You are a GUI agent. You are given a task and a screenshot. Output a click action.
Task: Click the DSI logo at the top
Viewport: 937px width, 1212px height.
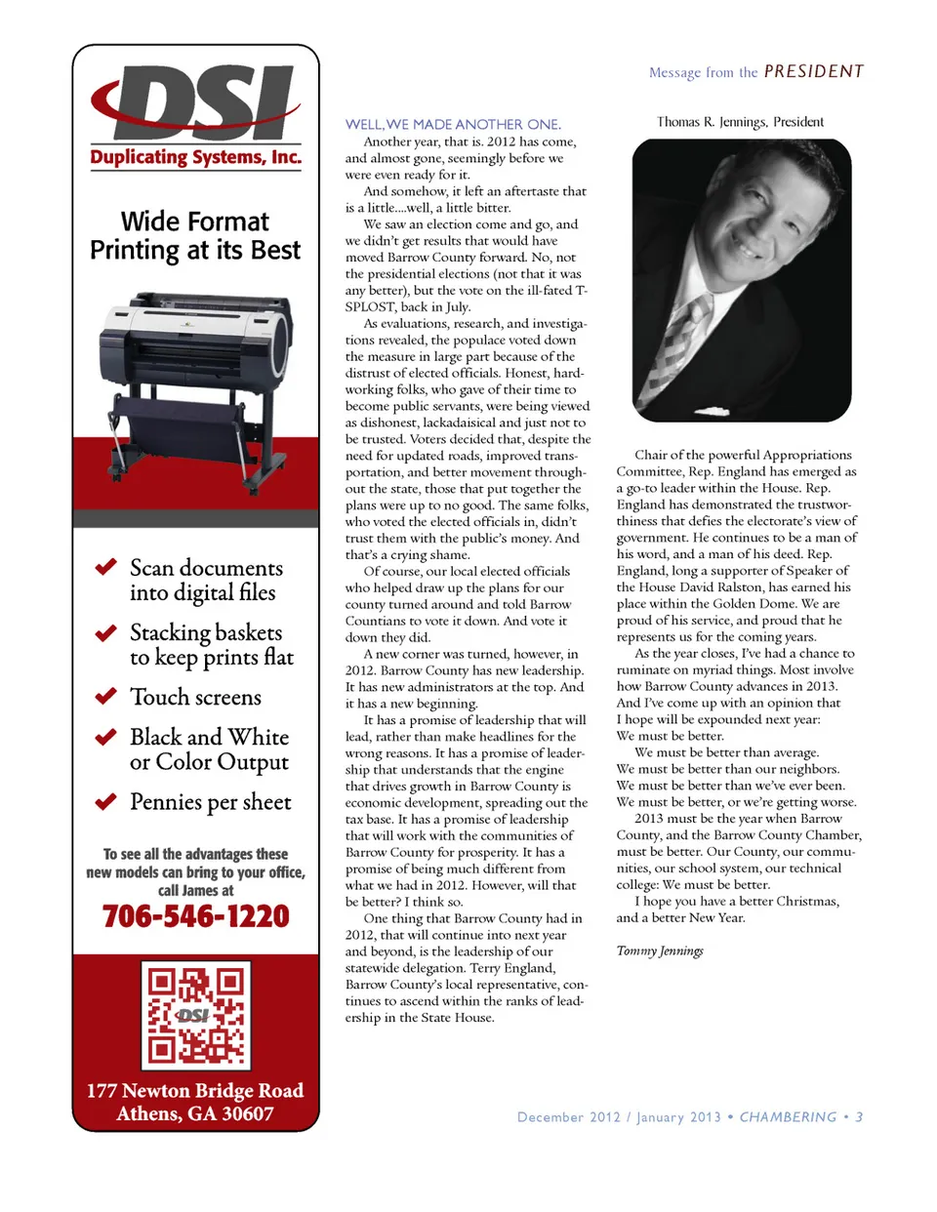(195, 101)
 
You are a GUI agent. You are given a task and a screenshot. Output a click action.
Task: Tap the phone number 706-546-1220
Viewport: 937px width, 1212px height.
(196, 916)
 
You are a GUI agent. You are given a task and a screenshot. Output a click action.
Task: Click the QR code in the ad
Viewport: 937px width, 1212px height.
(196, 1015)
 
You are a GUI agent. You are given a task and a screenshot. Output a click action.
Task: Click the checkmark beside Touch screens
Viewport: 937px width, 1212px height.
(105, 697)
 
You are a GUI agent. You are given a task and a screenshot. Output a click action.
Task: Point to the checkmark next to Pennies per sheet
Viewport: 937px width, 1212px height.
(105, 802)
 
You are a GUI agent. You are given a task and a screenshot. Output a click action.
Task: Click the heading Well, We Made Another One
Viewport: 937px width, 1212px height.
(453, 124)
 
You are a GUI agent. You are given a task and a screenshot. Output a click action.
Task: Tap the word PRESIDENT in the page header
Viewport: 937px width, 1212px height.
(813, 71)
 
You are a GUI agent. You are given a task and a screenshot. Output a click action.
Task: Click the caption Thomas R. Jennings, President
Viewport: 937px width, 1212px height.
(740, 122)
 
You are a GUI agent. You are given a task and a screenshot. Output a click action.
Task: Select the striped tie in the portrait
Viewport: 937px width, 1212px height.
(682, 346)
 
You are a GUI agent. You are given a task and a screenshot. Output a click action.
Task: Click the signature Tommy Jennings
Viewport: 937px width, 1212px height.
(660, 950)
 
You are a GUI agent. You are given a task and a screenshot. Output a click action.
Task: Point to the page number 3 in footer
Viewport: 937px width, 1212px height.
(859, 1117)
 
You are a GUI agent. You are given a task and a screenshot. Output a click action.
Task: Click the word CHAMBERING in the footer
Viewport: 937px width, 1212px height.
(788, 1117)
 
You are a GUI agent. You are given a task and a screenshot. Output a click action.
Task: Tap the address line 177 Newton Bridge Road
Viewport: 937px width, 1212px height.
(195, 1090)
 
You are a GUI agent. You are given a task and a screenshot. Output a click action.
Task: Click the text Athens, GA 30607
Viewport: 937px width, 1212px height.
(195, 1113)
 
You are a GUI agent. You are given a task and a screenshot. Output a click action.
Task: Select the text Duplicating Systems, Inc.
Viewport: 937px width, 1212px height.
(195, 157)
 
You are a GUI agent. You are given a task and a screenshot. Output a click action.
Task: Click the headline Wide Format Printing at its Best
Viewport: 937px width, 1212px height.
(195, 236)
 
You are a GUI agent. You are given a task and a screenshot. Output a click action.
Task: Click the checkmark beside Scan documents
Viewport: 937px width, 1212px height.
(105, 567)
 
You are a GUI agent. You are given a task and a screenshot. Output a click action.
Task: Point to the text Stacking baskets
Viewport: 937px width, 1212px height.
(206, 632)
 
